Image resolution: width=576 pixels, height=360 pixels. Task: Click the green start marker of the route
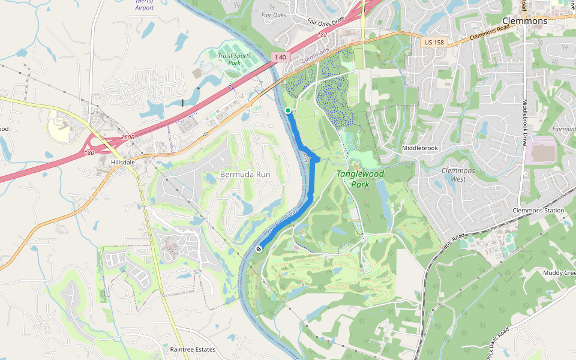coord(288,110)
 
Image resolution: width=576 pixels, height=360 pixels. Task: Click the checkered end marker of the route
coord(259,248)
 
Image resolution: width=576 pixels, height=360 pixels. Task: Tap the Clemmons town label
coord(524,21)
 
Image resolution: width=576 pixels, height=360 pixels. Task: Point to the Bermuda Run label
coord(245,175)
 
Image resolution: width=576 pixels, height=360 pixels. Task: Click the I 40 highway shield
coord(280,57)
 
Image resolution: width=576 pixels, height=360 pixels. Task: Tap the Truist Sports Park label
coord(234,59)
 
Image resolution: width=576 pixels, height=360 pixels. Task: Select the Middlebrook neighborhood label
coord(420,148)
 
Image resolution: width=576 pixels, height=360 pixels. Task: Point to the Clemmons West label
coord(458,175)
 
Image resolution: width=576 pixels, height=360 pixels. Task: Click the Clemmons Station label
coord(538,211)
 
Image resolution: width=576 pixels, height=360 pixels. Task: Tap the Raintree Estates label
coord(193,349)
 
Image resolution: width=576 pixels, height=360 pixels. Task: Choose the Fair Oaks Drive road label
coord(326,20)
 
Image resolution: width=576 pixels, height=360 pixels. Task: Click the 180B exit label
coord(128,137)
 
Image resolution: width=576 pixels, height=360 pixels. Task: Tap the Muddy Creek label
coord(560,273)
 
